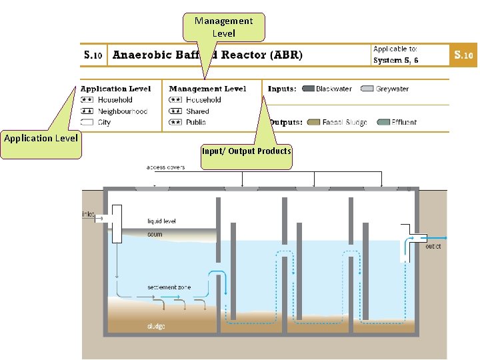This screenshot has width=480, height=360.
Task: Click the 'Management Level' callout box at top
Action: click(x=223, y=27)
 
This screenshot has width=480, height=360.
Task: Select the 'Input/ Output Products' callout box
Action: click(x=247, y=151)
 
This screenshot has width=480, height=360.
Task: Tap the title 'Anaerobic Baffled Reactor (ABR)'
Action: click(x=207, y=55)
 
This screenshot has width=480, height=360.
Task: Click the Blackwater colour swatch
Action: click(x=308, y=89)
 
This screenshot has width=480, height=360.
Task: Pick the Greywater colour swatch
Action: click(x=367, y=89)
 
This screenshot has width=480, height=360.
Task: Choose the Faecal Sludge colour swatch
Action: click(x=314, y=122)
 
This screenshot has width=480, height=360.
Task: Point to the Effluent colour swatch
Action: click(x=383, y=122)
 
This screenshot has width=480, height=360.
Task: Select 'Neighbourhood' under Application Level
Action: click(x=123, y=111)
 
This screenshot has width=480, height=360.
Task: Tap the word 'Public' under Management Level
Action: click(x=196, y=122)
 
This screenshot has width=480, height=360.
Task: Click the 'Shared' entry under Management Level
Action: click(x=197, y=111)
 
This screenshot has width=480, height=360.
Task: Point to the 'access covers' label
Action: click(x=165, y=167)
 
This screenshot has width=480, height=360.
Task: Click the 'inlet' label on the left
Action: click(x=88, y=215)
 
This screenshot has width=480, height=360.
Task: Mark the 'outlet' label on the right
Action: click(x=433, y=247)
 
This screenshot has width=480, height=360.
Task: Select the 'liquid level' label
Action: click(x=161, y=221)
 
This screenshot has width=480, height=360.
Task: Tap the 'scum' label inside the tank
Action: click(x=155, y=235)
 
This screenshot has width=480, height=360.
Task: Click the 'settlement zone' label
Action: click(x=169, y=287)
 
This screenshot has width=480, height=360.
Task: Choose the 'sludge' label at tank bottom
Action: click(x=156, y=326)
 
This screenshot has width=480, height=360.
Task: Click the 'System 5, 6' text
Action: click(x=396, y=60)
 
